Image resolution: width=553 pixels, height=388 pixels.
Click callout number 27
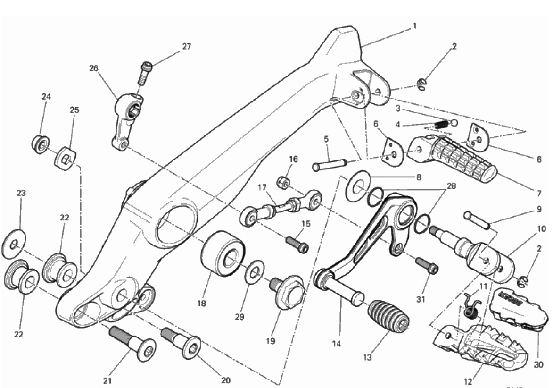(187, 47)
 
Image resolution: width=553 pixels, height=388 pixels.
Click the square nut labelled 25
(65, 158)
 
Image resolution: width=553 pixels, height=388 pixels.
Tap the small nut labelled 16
(284, 181)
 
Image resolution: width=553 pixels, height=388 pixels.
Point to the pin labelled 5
(328, 165)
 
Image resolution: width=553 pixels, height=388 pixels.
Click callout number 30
(539, 364)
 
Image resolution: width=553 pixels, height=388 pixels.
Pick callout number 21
(108, 380)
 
